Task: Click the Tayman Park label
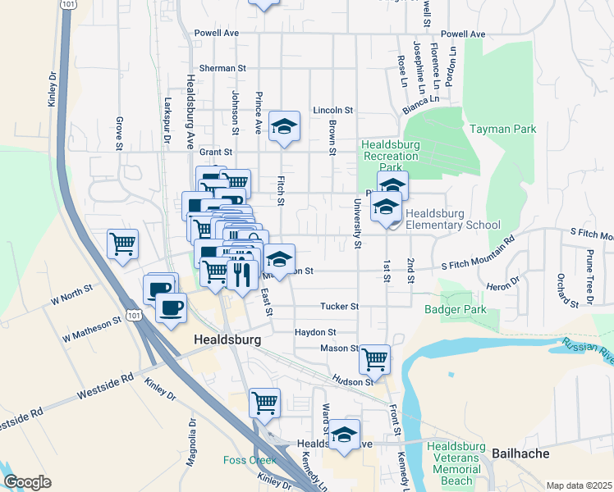point(502,129)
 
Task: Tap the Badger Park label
point(456,309)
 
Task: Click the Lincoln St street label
point(332,110)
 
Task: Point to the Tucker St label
point(340,307)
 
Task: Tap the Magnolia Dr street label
point(193,447)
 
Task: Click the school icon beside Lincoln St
point(284,125)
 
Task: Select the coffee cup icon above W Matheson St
point(172,307)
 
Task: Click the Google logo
point(27,481)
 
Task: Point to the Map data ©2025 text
point(579,485)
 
